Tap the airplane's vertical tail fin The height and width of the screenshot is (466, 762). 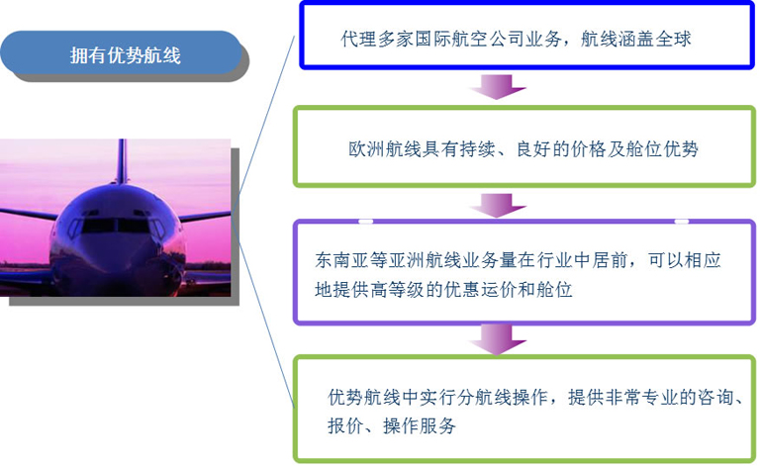pyautogui.click(x=122, y=161)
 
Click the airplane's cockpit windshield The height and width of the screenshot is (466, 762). pyautogui.click(x=116, y=226)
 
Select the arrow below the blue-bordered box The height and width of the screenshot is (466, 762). pyautogui.click(x=498, y=86)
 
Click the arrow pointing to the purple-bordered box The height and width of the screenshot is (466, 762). pyautogui.click(x=498, y=205)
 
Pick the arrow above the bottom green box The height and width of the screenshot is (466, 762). pyautogui.click(x=498, y=339)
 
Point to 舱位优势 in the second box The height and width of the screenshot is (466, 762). pyautogui.click(x=662, y=148)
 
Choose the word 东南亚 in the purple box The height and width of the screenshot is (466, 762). pyautogui.click(x=342, y=260)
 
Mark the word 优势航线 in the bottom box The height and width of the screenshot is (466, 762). pyautogui.click(x=364, y=397)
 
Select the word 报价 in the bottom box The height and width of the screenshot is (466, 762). pyautogui.click(x=345, y=425)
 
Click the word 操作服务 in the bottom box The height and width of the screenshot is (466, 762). pyautogui.click(x=420, y=425)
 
